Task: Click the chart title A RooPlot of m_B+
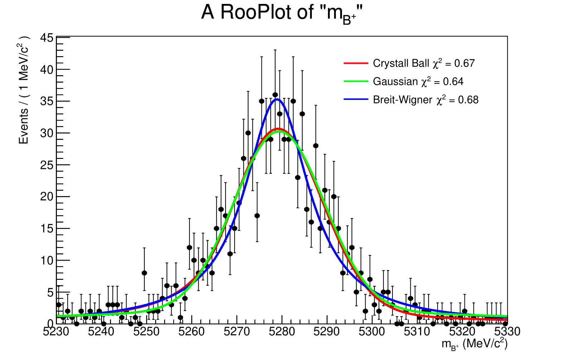point(282,13)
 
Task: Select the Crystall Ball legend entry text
point(424,63)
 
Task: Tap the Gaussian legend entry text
point(418,82)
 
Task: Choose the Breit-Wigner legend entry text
point(425,100)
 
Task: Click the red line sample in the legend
point(356,63)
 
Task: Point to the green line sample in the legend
point(356,82)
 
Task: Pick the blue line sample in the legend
point(356,99)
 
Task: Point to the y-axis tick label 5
point(50,293)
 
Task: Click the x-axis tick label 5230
point(56,332)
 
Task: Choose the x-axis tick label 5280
point(282,332)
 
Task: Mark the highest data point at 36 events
point(275,95)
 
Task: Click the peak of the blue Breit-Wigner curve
point(277,99)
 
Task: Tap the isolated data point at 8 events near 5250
point(144,273)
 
